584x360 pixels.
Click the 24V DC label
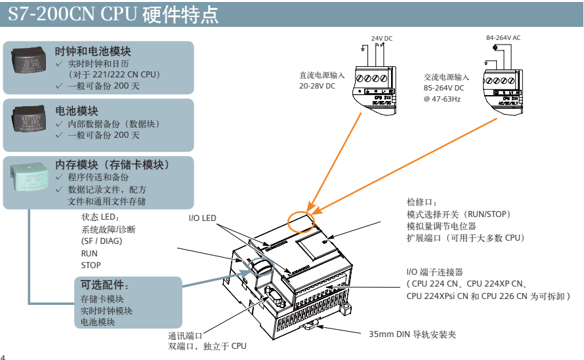pyautogui.click(x=382, y=39)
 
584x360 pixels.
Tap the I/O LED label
pyautogui.click(x=202, y=218)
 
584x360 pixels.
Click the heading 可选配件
pyautogui.click(x=104, y=286)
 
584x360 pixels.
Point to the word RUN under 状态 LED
pyautogui.click(x=89, y=253)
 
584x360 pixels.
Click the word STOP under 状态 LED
pyautogui.click(x=91, y=265)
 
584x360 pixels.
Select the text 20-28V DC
pyautogui.click(x=317, y=87)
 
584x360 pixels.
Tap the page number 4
pyautogui.click(x=3, y=356)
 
